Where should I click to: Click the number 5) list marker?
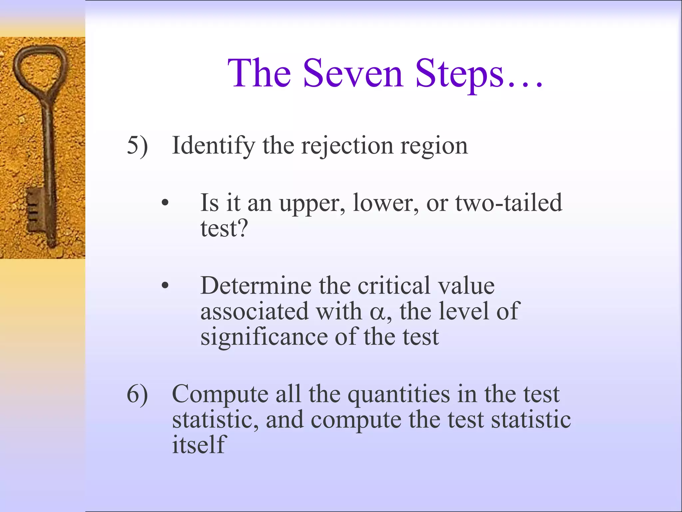coord(137,146)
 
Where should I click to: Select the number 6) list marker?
coord(137,395)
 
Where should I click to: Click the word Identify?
coord(213,146)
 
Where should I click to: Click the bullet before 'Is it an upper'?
coord(165,203)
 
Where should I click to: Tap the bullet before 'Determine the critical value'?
coord(165,286)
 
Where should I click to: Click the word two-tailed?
coord(509,203)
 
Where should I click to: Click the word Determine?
coord(256,286)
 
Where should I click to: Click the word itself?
coord(199,445)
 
